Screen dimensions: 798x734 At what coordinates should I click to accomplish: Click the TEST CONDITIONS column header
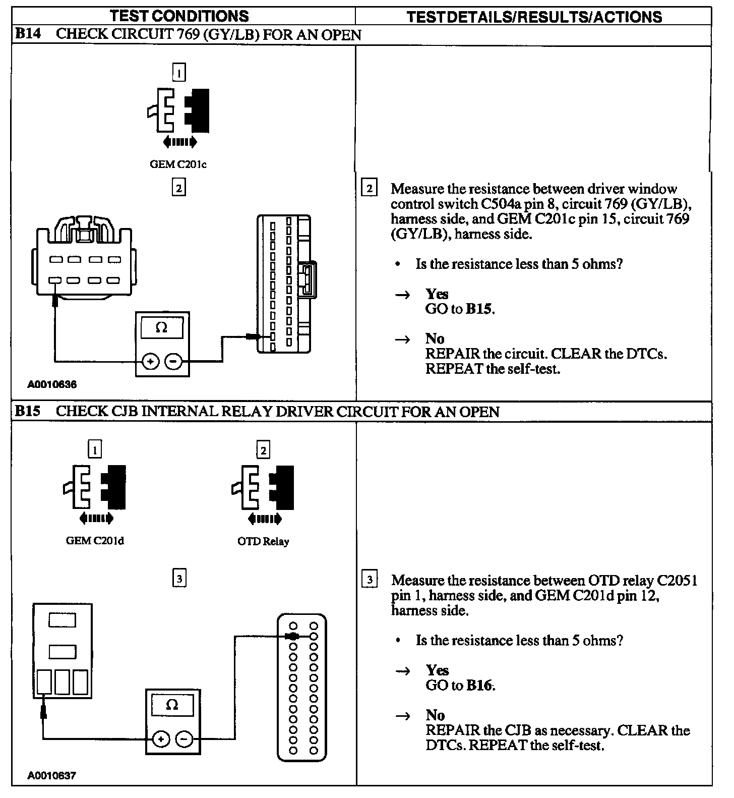179,16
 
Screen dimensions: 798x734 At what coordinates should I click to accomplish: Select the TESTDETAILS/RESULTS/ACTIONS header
534,17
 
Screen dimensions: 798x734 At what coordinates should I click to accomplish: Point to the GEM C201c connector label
178,164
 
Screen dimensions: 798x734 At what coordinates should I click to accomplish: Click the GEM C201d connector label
95,541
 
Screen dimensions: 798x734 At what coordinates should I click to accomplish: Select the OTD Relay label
263,541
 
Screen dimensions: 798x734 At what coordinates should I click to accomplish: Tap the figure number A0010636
52,385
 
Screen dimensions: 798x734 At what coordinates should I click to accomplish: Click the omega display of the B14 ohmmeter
162,328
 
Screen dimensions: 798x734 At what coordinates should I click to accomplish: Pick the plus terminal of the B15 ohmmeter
161,739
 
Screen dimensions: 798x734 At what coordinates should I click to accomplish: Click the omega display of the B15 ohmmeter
172,705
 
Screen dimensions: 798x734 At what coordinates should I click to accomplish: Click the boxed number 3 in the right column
370,580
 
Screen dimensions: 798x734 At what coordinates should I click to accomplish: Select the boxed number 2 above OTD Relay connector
263,449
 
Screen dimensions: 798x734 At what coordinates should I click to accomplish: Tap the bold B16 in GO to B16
480,685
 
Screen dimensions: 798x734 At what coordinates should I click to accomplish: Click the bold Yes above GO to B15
437,294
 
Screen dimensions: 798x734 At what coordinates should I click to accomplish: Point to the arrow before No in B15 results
402,716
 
